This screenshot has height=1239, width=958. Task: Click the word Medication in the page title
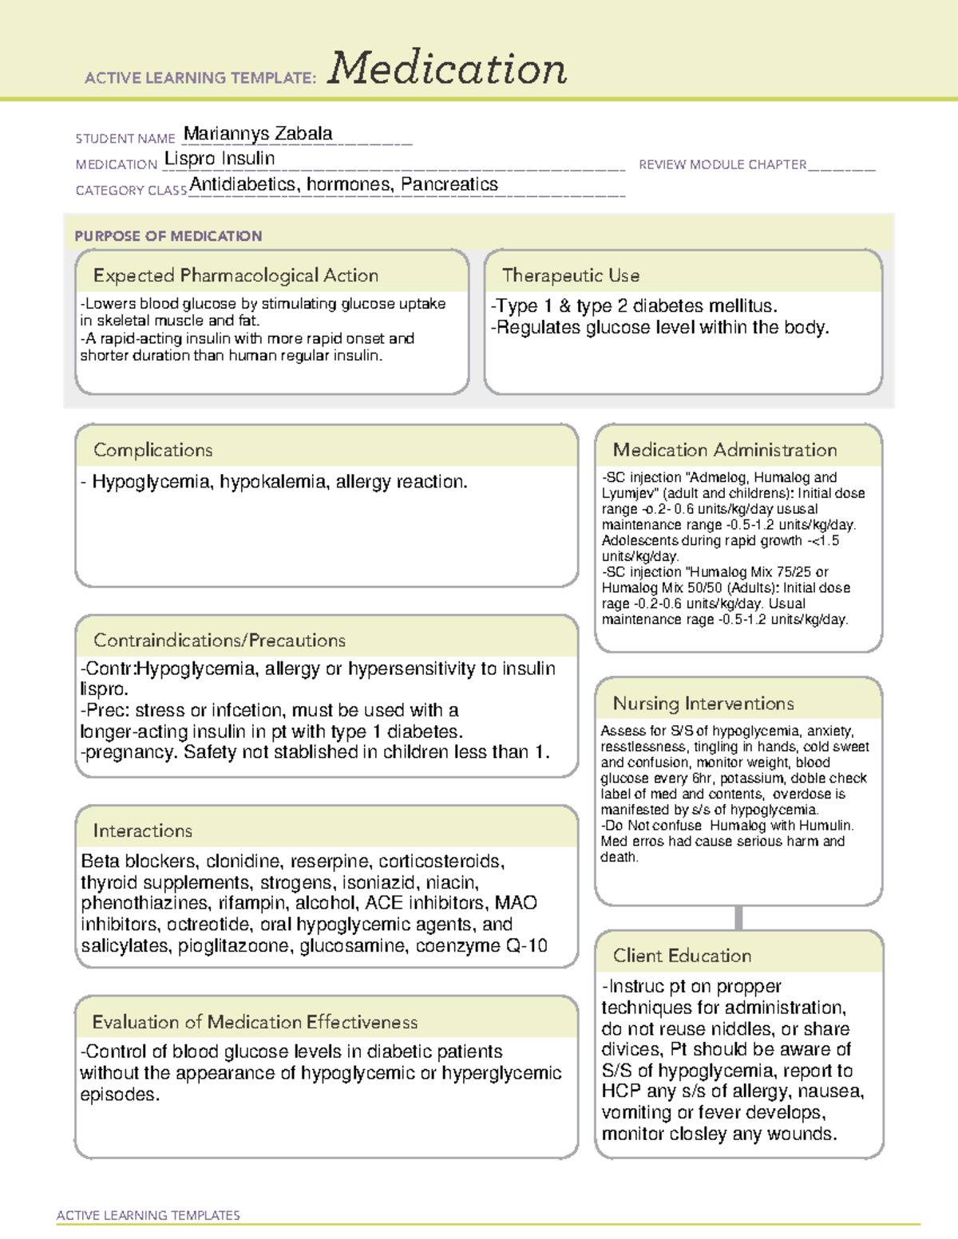[447, 69]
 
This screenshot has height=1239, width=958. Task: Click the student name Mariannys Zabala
[258, 134]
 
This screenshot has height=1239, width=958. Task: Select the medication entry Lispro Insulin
[220, 159]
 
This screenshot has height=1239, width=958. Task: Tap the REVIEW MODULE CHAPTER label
[722, 164]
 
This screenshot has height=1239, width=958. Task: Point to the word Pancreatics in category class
[449, 184]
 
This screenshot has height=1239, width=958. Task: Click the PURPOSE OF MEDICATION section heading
[168, 236]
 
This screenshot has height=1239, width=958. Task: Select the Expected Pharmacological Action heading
[236, 275]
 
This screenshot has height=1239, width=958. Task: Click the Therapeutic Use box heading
[571, 275]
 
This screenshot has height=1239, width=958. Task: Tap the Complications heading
[153, 450]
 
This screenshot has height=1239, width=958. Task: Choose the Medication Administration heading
[725, 450]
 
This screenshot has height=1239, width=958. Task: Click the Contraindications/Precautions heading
[220, 641]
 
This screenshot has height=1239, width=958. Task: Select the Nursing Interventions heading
[703, 704]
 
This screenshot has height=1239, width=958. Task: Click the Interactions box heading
[143, 831]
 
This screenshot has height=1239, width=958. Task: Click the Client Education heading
[682, 956]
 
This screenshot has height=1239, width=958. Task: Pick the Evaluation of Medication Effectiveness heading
[255, 1022]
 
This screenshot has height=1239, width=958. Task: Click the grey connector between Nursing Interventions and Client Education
[738, 917]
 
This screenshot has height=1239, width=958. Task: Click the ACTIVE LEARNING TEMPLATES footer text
[148, 1215]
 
